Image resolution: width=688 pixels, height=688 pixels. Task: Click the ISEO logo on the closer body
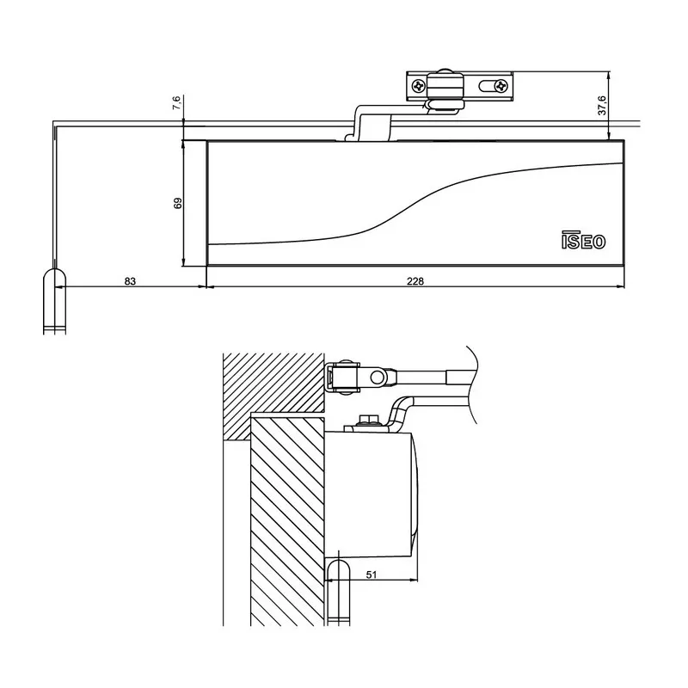coord(583,242)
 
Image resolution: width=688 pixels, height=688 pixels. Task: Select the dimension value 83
coord(130,281)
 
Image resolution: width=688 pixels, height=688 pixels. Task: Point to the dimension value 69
coord(178,204)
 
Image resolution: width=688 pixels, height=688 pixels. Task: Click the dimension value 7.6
coord(176,103)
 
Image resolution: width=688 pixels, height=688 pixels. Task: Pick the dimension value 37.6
coord(603,105)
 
